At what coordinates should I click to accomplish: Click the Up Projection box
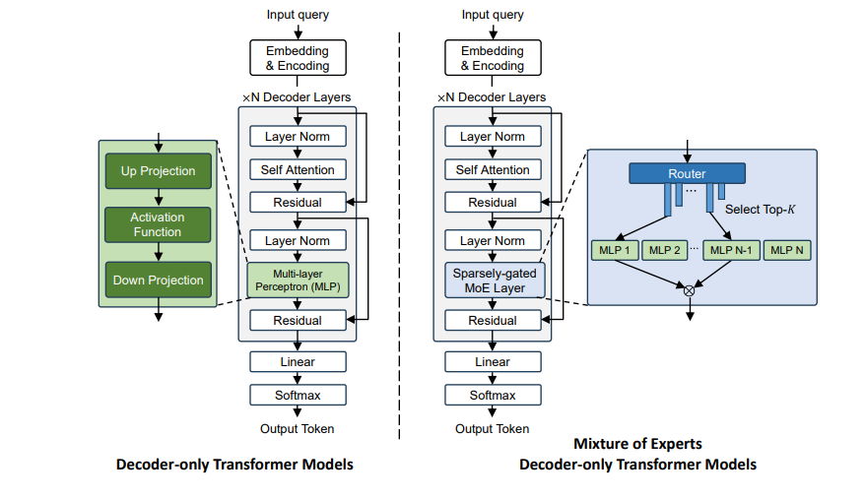click(158, 171)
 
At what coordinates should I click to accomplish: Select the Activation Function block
click(158, 224)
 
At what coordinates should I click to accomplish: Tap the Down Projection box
click(158, 280)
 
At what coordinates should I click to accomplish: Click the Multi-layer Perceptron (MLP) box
click(298, 280)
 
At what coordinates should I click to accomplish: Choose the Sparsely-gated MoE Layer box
click(492, 280)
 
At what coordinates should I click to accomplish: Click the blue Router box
click(687, 173)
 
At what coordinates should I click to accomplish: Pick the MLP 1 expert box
click(614, 250)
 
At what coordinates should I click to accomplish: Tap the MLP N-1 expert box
click(729, 250)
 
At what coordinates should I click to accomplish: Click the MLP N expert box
click(786, 250)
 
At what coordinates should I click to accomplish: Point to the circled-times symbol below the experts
click(689, 289)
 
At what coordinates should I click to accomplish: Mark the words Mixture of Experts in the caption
click(637, 444)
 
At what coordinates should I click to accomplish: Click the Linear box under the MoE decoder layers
click(492, 361)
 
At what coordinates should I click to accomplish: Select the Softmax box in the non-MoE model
click(298, 395)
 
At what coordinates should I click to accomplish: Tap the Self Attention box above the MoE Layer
click(492, 169)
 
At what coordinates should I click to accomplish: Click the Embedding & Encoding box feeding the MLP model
click(298, 58)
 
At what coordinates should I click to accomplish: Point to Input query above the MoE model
click(493, 15)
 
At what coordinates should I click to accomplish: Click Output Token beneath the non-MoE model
click(298, 428)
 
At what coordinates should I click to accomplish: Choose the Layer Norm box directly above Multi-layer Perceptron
click(298, 240)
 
